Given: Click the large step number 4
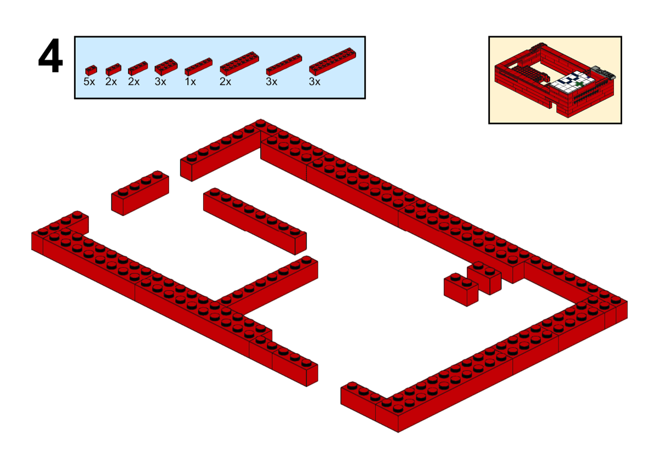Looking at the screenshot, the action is coord(51,55).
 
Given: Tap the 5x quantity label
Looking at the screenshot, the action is coord(89,82).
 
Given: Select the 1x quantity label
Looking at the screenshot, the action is coord(191,82).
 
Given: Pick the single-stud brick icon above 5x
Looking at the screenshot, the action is coord(91,70).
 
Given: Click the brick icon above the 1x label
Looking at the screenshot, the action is coord(199,66).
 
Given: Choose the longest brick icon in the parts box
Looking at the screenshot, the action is coord(332,61).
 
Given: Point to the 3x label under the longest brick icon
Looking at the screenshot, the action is coord(315,82).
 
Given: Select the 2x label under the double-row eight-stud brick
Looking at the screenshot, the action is coord(225,82).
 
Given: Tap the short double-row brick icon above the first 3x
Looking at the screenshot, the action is coord(166,67).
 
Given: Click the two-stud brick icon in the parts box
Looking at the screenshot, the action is coord(113,69).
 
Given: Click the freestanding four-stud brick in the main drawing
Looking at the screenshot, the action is coord(140,193).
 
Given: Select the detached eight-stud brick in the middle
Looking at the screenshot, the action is coord(255,221).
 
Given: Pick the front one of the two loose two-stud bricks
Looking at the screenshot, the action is coord(461,290).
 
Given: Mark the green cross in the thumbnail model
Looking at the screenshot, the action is coord(579,84).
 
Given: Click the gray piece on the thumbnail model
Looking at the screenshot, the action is coord(603,72).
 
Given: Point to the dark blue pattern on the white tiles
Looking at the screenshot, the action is coord(569,80).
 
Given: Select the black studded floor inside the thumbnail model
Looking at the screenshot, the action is coord(528,71).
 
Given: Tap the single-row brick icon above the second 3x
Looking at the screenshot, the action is coord(284,65).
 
